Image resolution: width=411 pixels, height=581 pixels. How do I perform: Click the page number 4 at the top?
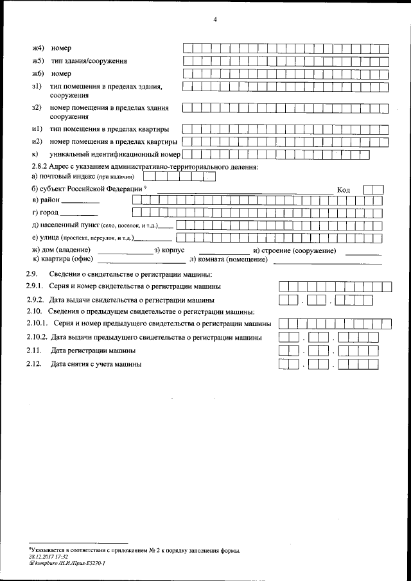[x=216, y=20]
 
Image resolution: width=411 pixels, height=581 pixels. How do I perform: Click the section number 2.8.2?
[x=42, y=167]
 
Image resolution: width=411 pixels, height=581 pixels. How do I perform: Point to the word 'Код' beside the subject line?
[x=344, y=190]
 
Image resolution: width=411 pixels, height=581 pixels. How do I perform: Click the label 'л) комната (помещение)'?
[x=229, y=259]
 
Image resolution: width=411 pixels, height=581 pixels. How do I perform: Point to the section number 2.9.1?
[x=34, y=286]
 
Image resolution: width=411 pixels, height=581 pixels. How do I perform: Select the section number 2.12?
[x=34, y=364]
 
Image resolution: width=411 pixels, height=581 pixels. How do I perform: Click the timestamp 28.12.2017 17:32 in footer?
[x=48, y=557]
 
